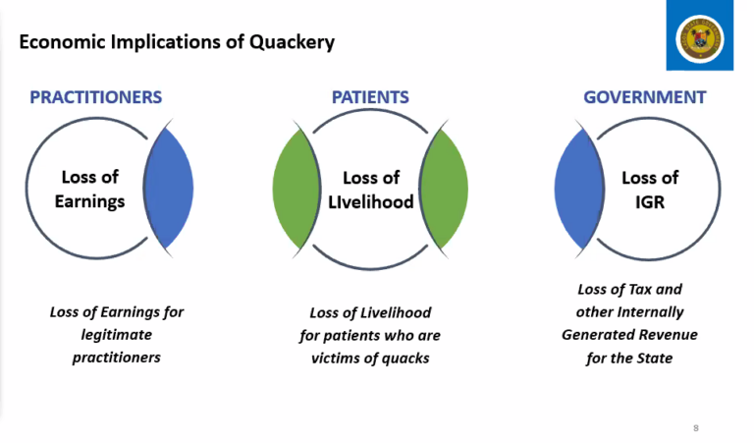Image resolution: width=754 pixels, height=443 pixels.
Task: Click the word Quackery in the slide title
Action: (293, 42)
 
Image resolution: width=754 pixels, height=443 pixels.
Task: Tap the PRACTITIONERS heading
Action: (95, 97)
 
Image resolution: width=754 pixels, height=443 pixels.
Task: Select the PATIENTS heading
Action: (370, 97)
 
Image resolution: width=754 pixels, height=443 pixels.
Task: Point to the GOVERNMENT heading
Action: (644, 97)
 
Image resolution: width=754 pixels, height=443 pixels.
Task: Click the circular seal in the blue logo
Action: (699, 36)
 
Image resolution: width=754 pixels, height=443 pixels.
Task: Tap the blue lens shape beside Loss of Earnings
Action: (169, 188)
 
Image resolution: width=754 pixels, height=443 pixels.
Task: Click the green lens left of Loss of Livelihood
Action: (296, 188)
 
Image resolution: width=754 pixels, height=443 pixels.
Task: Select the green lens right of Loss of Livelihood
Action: (445, 188)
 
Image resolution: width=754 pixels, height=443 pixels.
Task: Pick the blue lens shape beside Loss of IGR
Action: (578, 188)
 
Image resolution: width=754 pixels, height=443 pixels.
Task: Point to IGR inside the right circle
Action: (650, 201)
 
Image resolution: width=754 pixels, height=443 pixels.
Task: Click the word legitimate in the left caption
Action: (116, 335)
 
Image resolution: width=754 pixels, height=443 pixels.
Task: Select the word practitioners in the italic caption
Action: (116, 358)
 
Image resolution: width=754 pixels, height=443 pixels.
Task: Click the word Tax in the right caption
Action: (643, 290)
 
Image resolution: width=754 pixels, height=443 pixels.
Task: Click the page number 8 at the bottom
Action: (696, 428)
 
